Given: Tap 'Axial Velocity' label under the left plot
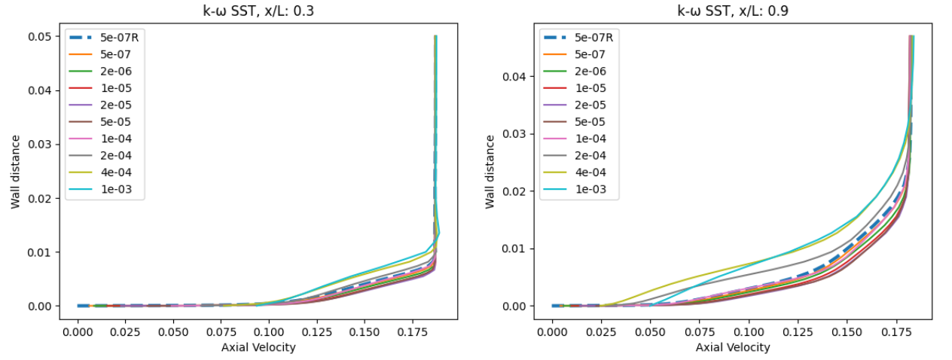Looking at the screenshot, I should (x=258, y=347).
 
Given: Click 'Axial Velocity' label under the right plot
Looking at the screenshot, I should (x=733, y=347).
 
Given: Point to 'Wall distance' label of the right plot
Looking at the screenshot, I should (x=490, y=172).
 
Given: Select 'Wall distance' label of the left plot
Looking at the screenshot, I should (x=16, y=172).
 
